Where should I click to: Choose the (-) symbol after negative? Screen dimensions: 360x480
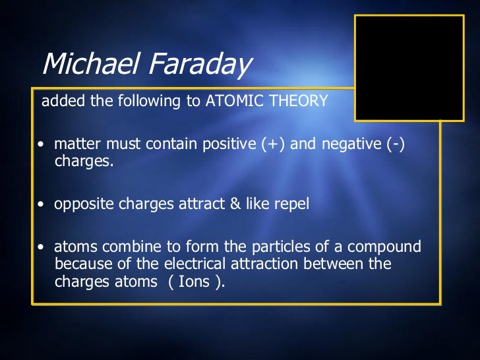[394, 145]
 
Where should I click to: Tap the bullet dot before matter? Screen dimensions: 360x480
[42, 146]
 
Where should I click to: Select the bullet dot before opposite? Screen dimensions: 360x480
[42, 206]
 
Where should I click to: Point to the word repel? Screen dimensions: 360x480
[291, 205]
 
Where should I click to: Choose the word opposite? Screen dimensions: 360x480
[84, 205]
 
